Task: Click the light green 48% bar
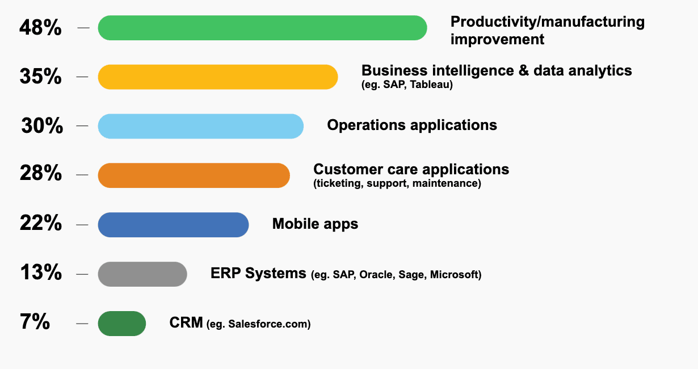[262, 28]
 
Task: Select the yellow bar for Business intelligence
[218, 77]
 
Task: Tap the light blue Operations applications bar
[201, 126]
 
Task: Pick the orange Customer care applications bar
[194, 175]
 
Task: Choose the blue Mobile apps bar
[173, 225]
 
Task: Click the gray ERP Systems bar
[142, 274]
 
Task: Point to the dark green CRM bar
[122, 324]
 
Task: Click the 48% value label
[40, 28]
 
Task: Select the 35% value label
[40, 77]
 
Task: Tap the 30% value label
[42, 126]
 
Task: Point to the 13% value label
[40, 273]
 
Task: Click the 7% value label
[35, 323]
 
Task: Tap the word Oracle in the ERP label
[375, 275]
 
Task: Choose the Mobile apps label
[315, 224]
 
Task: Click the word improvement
[497, 39]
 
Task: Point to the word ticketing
[339, 183]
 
